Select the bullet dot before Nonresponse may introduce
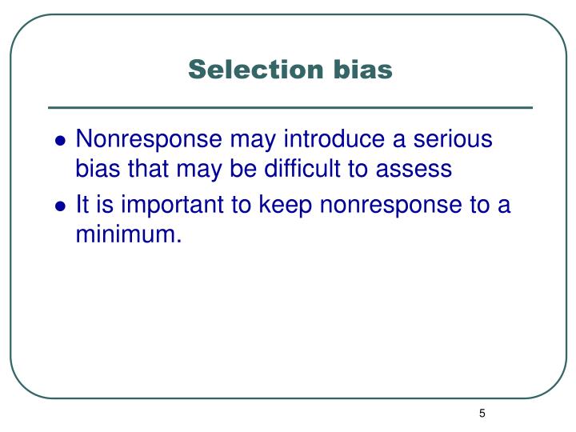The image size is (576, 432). coord(60,142)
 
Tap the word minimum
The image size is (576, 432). coord(125,234)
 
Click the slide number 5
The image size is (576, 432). coord(482,414)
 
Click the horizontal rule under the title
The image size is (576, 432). coord(290,107)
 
